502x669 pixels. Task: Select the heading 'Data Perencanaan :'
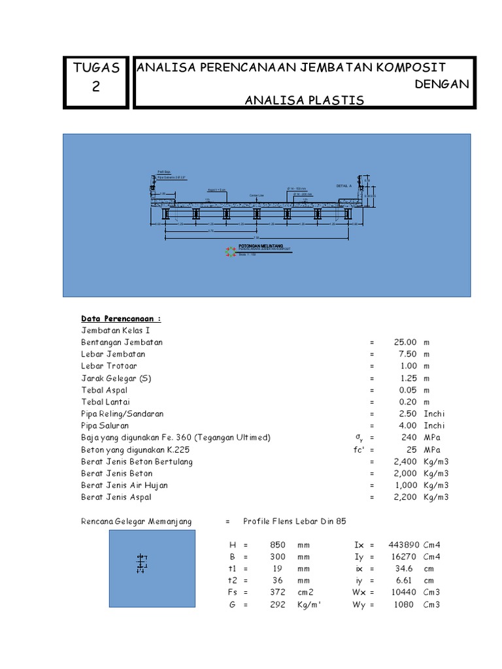(x=121, y=319)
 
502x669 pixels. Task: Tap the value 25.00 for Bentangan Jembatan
(x=405, y=342)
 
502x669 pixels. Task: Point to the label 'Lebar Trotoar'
(x=109, y=366)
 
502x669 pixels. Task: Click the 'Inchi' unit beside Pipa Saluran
(x=434, y=425)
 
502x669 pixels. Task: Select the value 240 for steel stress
(x=409, y=437)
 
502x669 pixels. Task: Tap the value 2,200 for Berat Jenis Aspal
(x=404, y=497)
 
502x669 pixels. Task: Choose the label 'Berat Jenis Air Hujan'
(x=124, y=485)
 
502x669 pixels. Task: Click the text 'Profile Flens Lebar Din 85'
(x=294, y=521)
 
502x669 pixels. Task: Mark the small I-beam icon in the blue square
(x=141, y=564)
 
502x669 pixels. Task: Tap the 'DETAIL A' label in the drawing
(x=344, y=186)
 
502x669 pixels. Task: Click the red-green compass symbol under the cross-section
(x=230, y=252)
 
